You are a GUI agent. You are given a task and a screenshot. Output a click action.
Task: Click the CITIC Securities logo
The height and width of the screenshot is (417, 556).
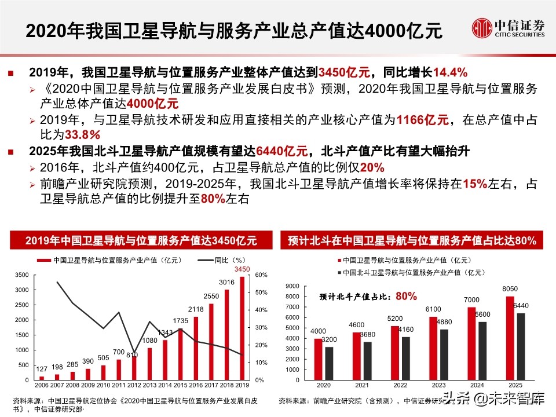(508, 27)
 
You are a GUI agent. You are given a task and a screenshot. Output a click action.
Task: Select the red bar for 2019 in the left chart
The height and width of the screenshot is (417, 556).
(242, 328)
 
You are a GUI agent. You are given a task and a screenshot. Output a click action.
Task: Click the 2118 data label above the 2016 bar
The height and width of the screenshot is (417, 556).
(195, 310)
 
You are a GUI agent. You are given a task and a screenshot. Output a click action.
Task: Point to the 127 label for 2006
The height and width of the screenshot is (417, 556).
(41, 369)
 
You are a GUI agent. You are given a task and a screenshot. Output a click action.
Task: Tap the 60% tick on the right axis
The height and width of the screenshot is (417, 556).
(261, 275)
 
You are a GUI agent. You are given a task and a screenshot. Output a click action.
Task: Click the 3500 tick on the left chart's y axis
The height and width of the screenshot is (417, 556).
(21, 275)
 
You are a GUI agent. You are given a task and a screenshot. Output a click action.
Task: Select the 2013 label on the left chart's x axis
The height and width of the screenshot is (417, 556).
(149, 385)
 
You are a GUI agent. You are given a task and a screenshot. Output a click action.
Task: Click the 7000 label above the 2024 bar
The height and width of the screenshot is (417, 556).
(472, 299)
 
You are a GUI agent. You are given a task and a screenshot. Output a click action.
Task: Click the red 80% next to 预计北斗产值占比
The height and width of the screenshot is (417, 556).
(406, 296)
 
